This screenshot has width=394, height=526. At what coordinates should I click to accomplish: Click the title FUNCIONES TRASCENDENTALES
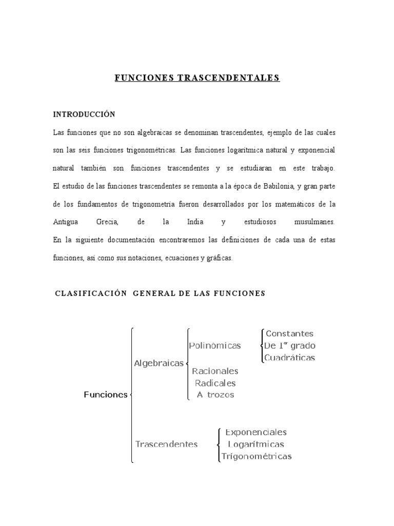point(197,78)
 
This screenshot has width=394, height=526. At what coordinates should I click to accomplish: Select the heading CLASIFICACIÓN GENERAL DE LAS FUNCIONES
point(160,293)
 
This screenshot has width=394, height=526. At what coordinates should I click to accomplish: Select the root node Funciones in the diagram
point(105,394)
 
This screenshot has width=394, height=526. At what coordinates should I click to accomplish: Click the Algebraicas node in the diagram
point(159,363)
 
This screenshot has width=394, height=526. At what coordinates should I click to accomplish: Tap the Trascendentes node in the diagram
point(166,444)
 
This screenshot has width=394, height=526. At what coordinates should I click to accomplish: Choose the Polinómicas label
point(214,346)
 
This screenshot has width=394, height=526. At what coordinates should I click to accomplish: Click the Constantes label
point(289,334)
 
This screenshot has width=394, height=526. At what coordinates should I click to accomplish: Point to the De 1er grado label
point(290,345)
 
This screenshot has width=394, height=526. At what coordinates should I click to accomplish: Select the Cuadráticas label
point(290,358)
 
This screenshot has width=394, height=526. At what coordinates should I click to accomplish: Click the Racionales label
point(215,371)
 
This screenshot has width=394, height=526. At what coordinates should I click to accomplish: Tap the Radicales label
point(215,383)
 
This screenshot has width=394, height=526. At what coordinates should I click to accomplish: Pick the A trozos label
point(215,394)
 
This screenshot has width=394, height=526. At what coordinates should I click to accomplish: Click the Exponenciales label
point(256,433)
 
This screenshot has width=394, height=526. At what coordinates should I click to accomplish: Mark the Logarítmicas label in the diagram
point(256,444)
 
